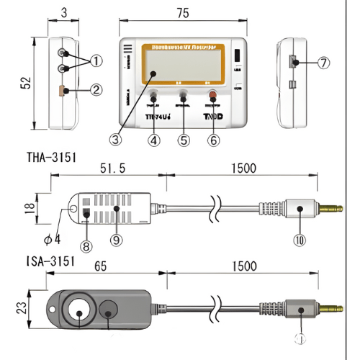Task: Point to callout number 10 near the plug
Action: tap(299, 239)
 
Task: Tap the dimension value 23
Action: tap(23, 307)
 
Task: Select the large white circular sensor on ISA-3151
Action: tap(76, 310)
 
